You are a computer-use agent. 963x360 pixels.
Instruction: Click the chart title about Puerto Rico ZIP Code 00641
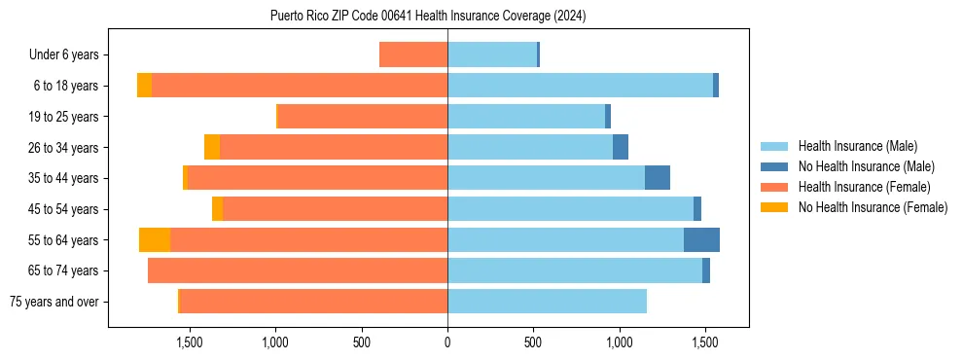tap(428, 17)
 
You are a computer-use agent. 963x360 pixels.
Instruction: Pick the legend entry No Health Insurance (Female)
tap(873, 207)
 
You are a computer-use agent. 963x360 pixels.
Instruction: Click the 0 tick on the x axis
tap(447, 342)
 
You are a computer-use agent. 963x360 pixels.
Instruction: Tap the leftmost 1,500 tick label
tap(189, 342)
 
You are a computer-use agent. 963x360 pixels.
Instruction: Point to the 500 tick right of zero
tap(533, 342)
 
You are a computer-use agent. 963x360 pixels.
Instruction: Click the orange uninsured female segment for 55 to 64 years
tap(155, 240)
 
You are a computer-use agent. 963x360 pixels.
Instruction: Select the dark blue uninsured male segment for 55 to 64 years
tap(701, 240)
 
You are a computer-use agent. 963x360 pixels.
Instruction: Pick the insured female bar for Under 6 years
tap(413, 55)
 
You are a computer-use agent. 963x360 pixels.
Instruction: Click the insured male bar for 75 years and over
tap(547, 302)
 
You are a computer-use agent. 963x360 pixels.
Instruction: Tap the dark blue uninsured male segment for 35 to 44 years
tap(658, 178)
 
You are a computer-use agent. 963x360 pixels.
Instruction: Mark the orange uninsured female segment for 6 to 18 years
tap(144, 86)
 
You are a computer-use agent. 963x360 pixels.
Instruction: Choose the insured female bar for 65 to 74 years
tap(298, 270)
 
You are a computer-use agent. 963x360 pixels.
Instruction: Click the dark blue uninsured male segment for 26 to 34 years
tap(621, 148)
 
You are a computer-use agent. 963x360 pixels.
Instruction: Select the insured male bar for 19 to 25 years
tap(526, 117)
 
